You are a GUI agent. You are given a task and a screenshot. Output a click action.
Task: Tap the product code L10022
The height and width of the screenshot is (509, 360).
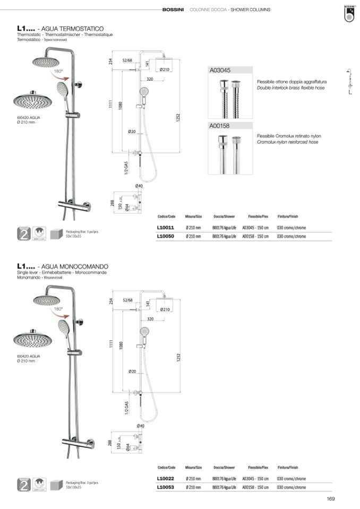[x=166, y=478]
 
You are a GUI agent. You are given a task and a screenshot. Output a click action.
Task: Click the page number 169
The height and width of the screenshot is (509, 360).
[x=330, y=498]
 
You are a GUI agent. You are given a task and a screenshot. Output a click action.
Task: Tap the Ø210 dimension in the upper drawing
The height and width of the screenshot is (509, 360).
[x=164, y=70]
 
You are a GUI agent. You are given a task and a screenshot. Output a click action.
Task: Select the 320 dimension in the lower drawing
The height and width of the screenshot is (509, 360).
[x=150, y=319]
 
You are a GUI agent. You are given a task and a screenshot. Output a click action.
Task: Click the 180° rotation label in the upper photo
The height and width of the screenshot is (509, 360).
[x=58, y=71]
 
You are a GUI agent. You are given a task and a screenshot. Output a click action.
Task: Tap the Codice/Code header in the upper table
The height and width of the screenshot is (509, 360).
[x=166, y=217]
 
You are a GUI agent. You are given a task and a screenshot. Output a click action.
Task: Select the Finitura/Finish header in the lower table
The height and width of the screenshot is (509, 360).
[x=287, y=468]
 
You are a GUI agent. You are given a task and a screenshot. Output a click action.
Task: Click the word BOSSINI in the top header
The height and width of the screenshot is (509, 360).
[x=174, y=10]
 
